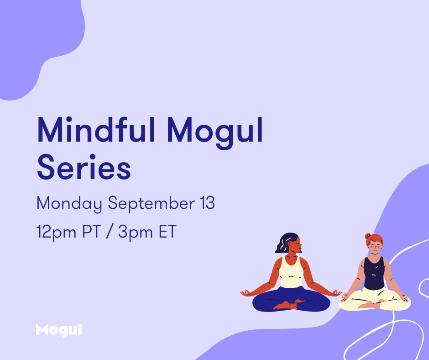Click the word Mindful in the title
click(96, 130)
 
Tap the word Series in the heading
click(84, 167)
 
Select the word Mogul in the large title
click(215, 132)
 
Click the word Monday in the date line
click(69, 204)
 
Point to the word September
click(152, 204)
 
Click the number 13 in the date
click(207, 203)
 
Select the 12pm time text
click(56, 233)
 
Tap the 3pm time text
click(136, 233)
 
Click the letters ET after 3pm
click(167, 232)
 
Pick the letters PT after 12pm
click(92, 232)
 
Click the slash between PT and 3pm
click(110, 232)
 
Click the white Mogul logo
click(59, 330)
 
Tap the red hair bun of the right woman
click(368, 236)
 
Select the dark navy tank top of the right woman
click(374, 273)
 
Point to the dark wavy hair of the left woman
click(286, 242)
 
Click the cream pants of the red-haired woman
click(375, 300)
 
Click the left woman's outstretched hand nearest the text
click(246, 293)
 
